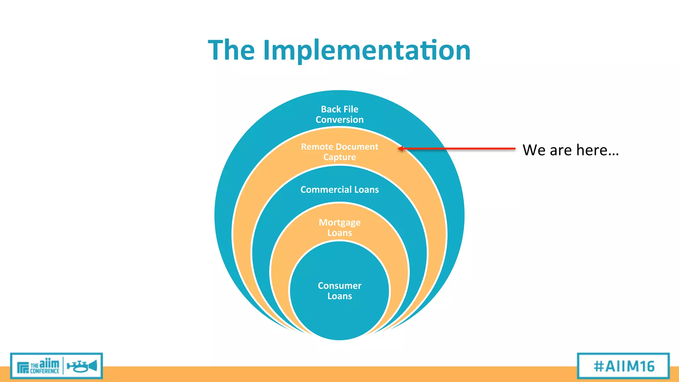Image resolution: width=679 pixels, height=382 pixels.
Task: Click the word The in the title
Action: click(x=231, y=50)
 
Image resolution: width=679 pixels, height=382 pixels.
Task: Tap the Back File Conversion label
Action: click(x=339, y=114)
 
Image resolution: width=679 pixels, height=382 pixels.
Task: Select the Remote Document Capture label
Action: click(x=339, y=152)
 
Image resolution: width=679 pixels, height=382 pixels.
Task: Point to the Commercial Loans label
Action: click(x=339, y=190)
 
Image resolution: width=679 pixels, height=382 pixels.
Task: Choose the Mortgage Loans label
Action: click(x=339, y=227)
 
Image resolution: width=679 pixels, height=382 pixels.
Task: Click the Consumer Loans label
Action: click(x=339, y=291)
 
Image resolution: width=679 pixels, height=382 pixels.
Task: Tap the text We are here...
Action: click(x=570, y=150)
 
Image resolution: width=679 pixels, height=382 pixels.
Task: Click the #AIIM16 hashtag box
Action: click(x=623, y=366)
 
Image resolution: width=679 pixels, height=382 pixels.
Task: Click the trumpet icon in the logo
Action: click(x=82, y=366)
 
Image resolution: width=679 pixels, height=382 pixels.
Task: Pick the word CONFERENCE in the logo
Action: click(x=44, y=371)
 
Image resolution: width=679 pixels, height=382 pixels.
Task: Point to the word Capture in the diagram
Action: click(x=339, y=157)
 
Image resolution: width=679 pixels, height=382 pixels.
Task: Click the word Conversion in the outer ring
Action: click(x=339, y=120)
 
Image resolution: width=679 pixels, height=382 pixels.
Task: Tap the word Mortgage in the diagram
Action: click(x=339, y=222)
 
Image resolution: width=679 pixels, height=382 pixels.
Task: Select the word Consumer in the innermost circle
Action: click(x=339, y=286)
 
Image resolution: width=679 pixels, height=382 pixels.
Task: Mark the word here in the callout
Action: click(x=597, y=150)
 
